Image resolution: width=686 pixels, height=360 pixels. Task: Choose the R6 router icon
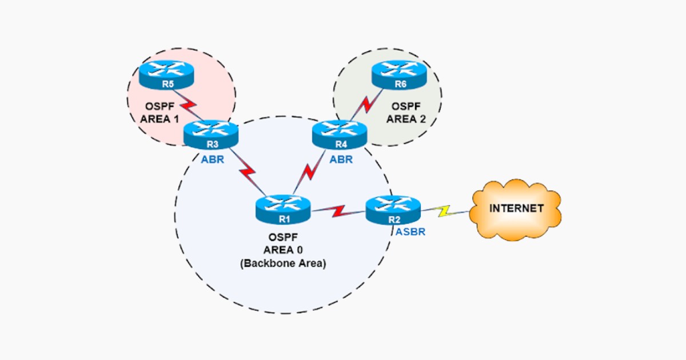coord(399,75)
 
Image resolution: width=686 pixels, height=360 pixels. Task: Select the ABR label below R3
coord(213,159)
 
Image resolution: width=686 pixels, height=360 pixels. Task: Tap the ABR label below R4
coord(341,159)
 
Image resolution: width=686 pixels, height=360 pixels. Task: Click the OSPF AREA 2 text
coord(406,113)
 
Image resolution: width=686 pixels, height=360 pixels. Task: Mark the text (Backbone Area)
coord(282,263)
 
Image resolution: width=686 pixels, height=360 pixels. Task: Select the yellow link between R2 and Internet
coord(445,212)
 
